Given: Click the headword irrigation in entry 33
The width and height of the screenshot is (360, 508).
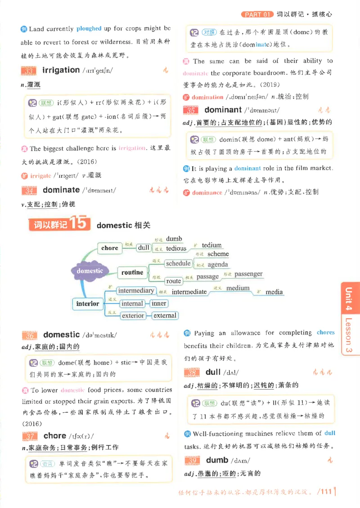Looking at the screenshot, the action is coord(61,70).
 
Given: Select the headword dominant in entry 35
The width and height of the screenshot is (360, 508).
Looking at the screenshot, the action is coord(223,110).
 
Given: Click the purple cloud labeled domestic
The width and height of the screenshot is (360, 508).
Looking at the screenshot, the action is coord(90,271).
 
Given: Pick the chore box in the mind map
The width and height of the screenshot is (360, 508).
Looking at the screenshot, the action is coord(110,248).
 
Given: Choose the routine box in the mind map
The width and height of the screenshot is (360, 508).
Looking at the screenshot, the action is coord(132,272).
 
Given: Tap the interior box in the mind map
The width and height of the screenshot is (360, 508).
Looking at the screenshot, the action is coord(87,303).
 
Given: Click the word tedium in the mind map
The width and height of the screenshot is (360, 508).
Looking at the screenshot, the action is coord(211,245).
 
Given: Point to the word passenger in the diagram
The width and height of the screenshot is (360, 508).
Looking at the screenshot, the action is coord(248,274).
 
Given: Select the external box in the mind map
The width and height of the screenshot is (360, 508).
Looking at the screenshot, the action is coord(165,315).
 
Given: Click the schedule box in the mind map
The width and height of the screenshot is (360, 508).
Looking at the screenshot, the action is coord(178,263).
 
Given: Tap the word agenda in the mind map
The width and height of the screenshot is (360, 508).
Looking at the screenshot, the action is coord(218,265).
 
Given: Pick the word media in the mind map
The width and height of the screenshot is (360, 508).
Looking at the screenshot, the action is coord(274,292).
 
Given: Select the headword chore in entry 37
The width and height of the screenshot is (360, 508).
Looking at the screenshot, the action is coord(55,436).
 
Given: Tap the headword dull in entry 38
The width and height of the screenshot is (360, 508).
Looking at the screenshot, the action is coord(213,372).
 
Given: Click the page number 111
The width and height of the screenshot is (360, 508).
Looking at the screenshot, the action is coord(324,491).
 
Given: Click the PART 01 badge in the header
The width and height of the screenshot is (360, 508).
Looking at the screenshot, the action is coord(257,14).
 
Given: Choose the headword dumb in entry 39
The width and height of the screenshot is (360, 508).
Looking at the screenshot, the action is coord(217,460).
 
